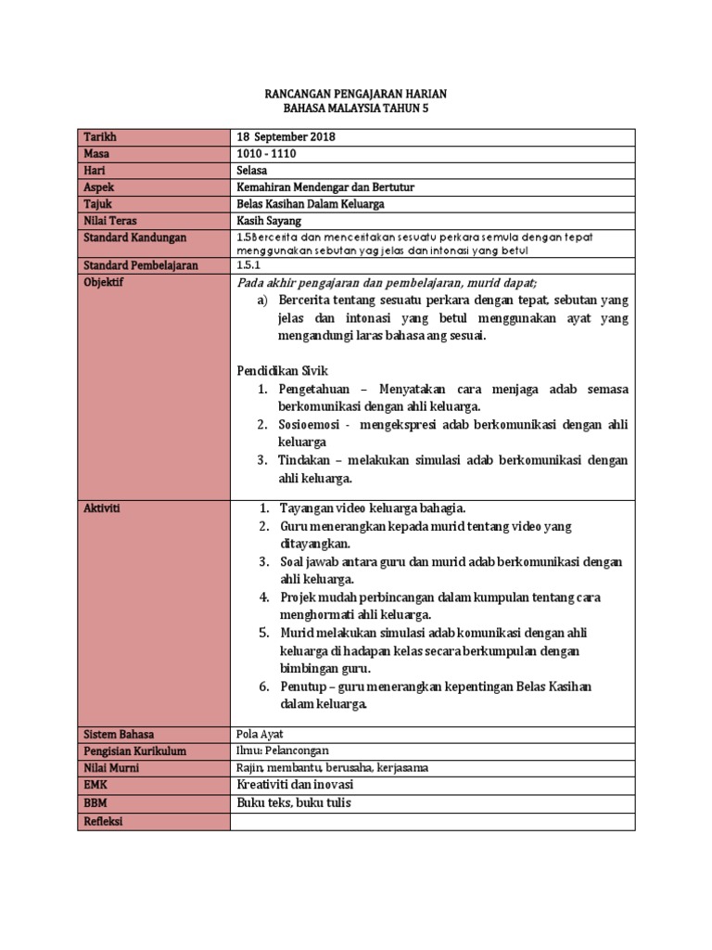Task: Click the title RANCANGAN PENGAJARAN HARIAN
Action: point(355,95)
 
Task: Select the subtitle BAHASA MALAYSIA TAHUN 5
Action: point(355,109)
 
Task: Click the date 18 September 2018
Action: point(286,137)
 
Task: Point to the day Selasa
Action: point(253,171)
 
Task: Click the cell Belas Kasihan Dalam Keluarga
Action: point(311,204)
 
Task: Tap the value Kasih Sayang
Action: point(270,221)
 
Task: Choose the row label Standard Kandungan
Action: point(135,237)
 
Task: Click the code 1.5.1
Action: point(248,265)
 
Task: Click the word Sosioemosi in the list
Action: point(309,425)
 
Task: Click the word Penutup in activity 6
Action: point(303,687)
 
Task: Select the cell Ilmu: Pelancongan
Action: point(283,751)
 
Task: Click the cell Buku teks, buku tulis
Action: point(295,803)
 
